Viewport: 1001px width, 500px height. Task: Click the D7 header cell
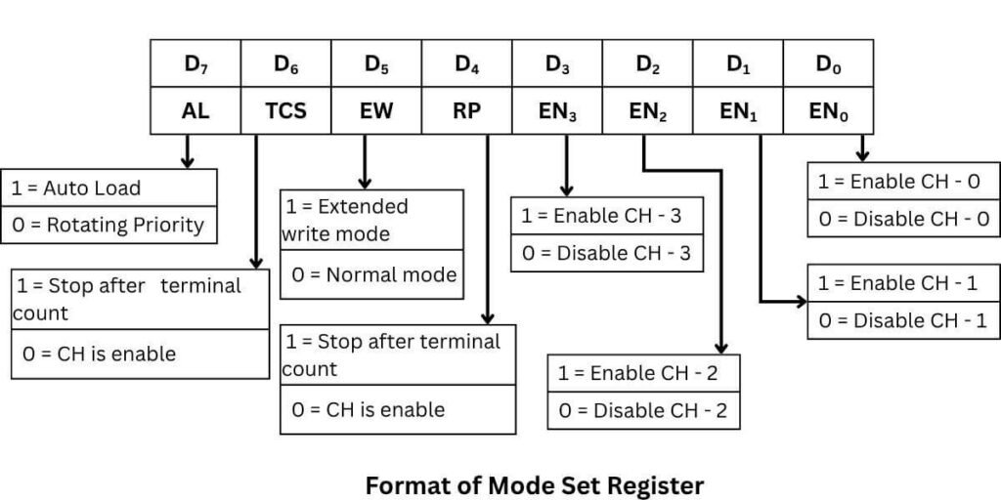coord(196,64)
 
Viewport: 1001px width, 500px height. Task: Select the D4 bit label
coord(467,64)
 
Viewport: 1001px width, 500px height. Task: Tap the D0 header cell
coord(829,64)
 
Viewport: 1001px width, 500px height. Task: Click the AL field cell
coord(196,110)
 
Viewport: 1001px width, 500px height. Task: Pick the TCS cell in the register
coord(286,110)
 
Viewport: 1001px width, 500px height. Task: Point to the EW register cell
coord(377,110)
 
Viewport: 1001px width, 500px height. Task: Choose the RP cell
coord(467,110)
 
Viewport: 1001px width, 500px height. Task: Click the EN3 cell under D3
coord(557,110)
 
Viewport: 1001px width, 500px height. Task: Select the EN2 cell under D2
coord(648,110)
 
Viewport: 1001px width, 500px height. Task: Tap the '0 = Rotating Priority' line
coord(108,225)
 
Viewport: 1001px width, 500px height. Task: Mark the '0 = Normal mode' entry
coord(373,274)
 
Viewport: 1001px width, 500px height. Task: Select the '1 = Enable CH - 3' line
coord(607,216)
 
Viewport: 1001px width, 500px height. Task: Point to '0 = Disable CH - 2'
coord(643,410)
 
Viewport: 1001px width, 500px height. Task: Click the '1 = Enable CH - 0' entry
coord(903,182)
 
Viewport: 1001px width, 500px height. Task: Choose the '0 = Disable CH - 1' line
coord(903,320)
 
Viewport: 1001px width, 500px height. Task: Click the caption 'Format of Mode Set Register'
coord(534,483)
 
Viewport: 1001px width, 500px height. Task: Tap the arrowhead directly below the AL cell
coord(188,160)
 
